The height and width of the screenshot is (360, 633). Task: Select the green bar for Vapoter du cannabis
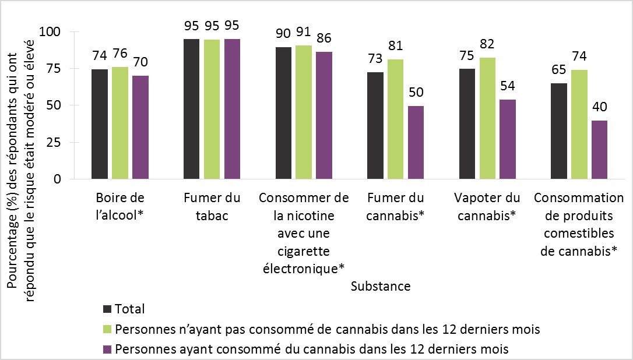pyautogui.click(x=488, y=118)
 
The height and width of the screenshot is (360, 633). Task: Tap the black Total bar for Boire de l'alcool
pyautogui.click(x=100, y=124)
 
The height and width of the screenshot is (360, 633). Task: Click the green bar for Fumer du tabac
pyautogui.click(x=212, y=109)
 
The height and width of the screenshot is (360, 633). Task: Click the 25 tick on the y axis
pyautogui.click(x=55, y=142)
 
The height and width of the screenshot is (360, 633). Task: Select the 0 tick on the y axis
pyautogui.click(x=58, y=179)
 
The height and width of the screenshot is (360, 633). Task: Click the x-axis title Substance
pyautogui.click(x=381, y=287)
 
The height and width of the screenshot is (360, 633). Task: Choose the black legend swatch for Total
pyautogui.click(x=107, y=309)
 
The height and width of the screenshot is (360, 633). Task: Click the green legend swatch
pyautogui.click(x=107, y=329)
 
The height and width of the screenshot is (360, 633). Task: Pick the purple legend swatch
pyautogui.click(x=107, y=350)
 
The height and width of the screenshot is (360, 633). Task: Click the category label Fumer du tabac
pyautogui.click(x=212, y=207)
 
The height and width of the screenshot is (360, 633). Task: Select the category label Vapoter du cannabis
pyautogui.click(x=488, y=207)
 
